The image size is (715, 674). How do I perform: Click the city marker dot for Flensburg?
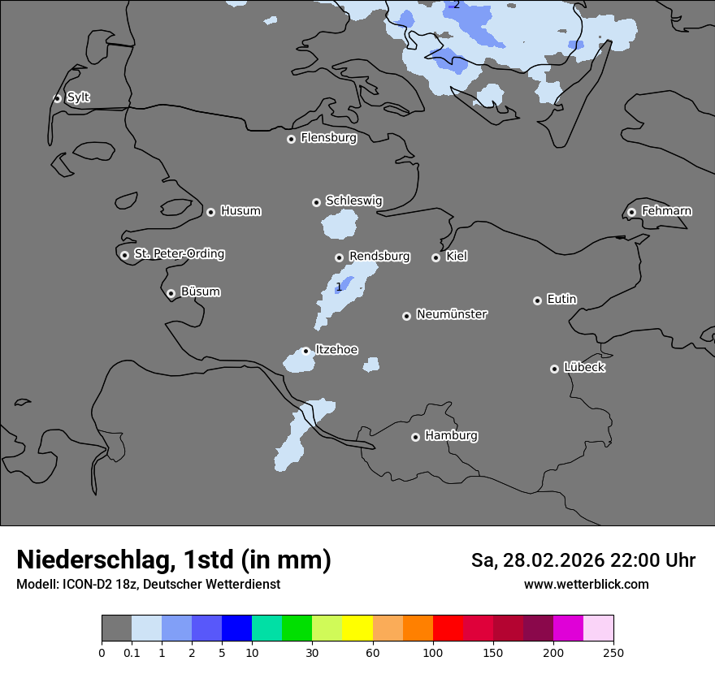coord(291,139)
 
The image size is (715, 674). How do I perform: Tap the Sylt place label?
coord(78,97)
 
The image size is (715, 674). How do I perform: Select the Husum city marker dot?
coord(210,212)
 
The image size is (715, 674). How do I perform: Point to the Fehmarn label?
coord(666,211)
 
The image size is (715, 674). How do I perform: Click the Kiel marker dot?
coord(435,257)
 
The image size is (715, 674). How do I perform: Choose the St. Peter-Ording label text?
coord(179,254)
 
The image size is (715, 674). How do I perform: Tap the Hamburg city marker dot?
coord(415,437)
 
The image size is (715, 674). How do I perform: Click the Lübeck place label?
coord(584,367)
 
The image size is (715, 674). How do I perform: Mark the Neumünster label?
coord(452,314)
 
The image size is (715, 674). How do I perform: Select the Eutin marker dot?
coord(537,300)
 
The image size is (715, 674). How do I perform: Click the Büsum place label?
coord(200,292)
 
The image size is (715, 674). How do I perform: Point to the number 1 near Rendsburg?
coord(339,287)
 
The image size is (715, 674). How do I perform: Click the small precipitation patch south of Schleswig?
coord(340,224)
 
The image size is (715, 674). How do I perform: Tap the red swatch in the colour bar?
coord(448,629)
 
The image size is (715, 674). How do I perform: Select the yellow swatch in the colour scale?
coord(357,629)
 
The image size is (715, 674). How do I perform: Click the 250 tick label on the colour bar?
coord(613,652)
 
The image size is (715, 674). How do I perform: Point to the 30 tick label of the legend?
coord(312,652)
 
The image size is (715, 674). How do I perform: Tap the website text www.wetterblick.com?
coord(586,584)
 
